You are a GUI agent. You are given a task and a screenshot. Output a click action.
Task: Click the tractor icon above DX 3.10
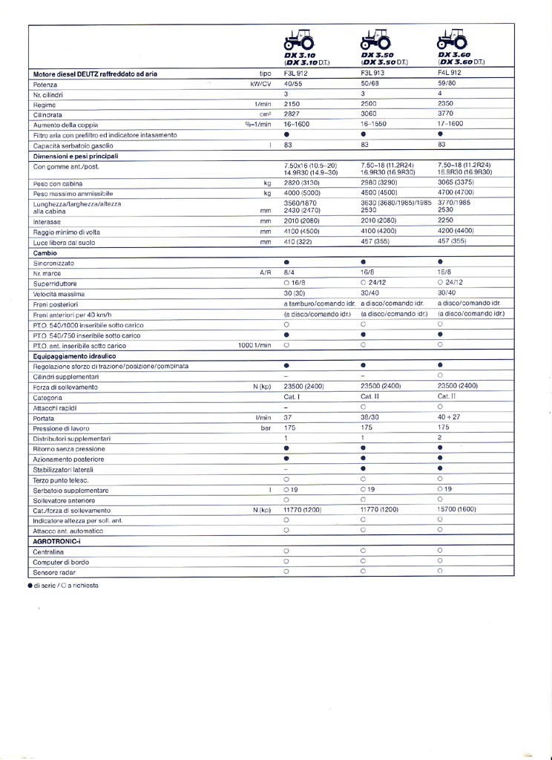click(300, 40)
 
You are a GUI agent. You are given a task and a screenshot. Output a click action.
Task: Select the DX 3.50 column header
click(378, 59)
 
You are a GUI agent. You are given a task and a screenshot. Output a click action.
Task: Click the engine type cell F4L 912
click(450, 73)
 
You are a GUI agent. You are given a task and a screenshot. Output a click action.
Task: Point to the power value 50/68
click(371, 84)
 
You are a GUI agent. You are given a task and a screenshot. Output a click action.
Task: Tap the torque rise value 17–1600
click(450, 124)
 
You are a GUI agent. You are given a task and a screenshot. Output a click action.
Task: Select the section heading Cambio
click(46, 253)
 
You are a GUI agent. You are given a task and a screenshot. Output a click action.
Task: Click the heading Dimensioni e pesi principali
click(76, 156)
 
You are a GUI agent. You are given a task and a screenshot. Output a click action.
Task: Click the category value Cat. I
click(292, 397)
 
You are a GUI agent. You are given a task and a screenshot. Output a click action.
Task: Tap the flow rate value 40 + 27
click(450, 417)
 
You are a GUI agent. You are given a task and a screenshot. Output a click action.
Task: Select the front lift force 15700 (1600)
click(456, 510)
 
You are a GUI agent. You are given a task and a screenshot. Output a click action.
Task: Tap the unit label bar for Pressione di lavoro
click(266, 428)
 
